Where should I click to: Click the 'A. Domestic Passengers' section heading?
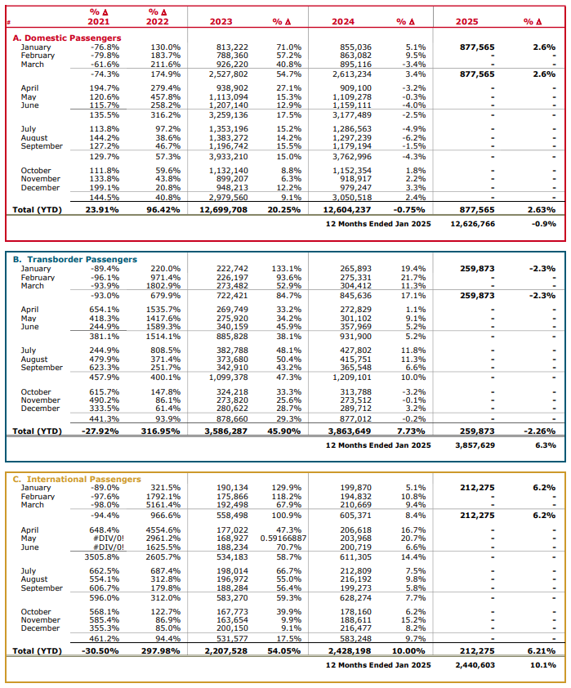[67, 38]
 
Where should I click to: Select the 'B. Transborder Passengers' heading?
[73, 259]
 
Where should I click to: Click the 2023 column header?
[221, 22]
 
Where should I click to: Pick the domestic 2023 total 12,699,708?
[222, 209]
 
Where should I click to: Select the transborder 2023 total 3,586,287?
[225, 431]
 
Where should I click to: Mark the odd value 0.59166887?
[283, 539]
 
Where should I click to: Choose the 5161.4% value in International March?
[165, 505]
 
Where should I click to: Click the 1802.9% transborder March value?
[165, 285]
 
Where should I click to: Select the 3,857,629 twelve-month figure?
[471, 445]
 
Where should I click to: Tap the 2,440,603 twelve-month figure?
[471, 666]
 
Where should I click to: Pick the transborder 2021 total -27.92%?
[101, 431]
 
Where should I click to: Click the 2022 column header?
[159, 22]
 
